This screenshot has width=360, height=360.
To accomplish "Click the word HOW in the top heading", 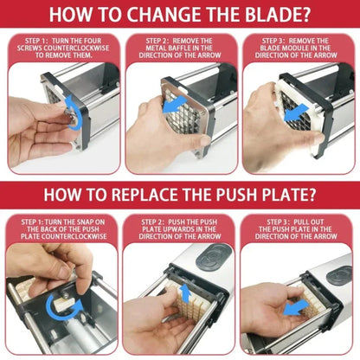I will [69, 16].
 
